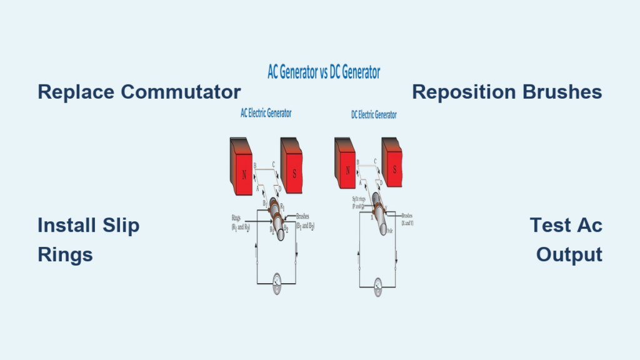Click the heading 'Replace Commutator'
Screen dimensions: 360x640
[139, 92]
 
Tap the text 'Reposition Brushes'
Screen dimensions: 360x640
[507, 92]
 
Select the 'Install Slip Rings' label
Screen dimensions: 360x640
[88, 239]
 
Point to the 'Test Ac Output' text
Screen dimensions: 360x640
[566, 239]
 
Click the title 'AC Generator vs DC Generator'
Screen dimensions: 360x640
[320, 72]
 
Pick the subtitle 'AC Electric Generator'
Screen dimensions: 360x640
[266, 114]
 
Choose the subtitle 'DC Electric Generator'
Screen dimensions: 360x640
[373, 115]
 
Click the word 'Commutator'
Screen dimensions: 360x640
[181, 92]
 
